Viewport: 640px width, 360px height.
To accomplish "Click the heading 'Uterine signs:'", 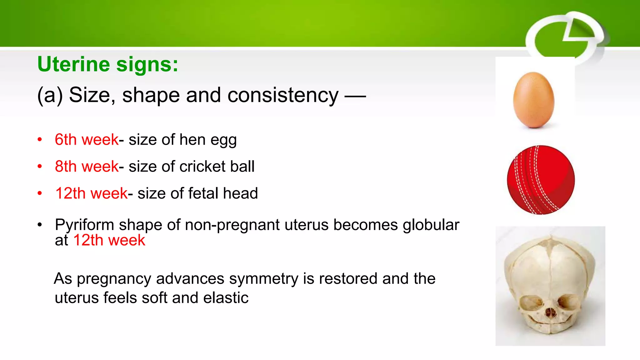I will [107, 64].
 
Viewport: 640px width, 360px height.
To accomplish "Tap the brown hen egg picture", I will [534, 100].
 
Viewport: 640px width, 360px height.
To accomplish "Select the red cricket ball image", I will [541, 180].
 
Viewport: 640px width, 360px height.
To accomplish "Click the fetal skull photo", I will [550, 286].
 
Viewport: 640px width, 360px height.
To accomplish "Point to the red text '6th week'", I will [87, 139].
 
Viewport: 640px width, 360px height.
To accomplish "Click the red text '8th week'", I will [87, 166].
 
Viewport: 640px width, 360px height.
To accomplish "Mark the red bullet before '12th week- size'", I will [40, 193].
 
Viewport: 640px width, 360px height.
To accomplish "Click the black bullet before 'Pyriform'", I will [40, 225].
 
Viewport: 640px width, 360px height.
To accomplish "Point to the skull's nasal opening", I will [551, 312].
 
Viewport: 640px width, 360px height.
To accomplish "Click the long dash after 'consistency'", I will [355, 96].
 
